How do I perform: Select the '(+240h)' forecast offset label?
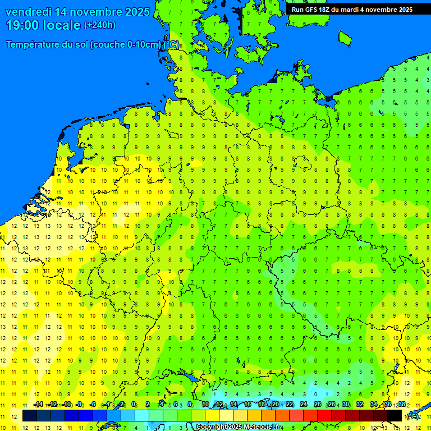pos(100,25)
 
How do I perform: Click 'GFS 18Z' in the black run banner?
pos(318,10)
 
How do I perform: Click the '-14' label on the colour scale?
pos(38,405)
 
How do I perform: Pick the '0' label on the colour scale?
pos(134,405)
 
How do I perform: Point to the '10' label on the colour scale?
pos(205,405)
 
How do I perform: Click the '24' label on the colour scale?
pos(304,405)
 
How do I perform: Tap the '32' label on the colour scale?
pos(360,405)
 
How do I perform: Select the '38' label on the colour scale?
pos(402,405)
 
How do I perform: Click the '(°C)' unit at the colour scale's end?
pos(412,416)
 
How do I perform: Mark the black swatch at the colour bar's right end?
pos(395,416)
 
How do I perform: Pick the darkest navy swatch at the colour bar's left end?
pos(30,416)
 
